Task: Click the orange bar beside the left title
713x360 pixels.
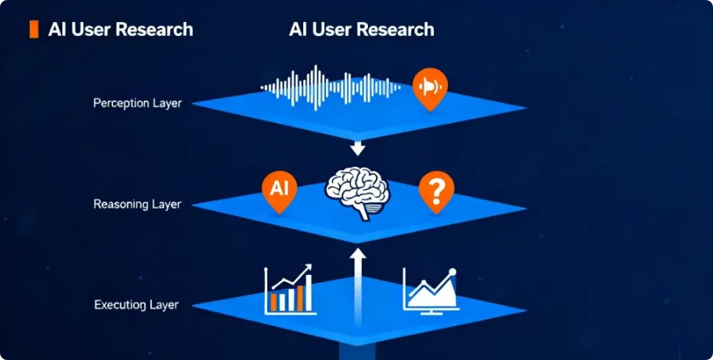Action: (33, 29)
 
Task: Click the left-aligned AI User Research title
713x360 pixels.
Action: (120, 29)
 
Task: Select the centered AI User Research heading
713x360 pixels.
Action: (361, 29)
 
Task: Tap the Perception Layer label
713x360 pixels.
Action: (137, 104)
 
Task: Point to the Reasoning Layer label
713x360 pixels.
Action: (137, 204)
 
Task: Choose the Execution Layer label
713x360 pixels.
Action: (137, 303)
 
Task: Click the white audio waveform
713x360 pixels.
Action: (331, 87)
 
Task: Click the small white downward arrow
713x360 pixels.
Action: (358, 150)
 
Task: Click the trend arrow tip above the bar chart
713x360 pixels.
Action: (308, 267)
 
